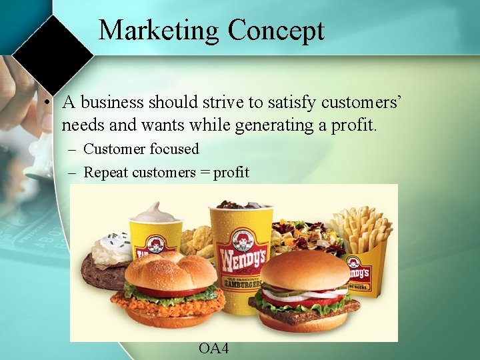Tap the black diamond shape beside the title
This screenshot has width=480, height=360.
pyautogui.click(x=53, y=55)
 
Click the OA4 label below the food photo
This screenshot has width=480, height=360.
pyautogui.click(x=213, y=348)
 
